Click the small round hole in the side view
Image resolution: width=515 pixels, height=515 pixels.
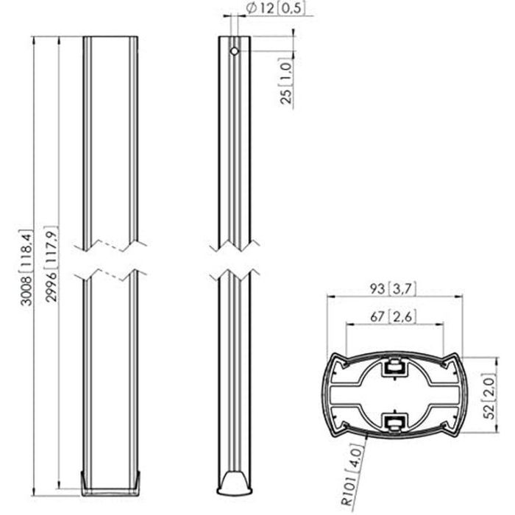click(233, 52)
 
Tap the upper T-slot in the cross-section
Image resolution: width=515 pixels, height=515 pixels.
click(394, 365)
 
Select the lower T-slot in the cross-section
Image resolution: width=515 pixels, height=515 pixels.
click(394, 422)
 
